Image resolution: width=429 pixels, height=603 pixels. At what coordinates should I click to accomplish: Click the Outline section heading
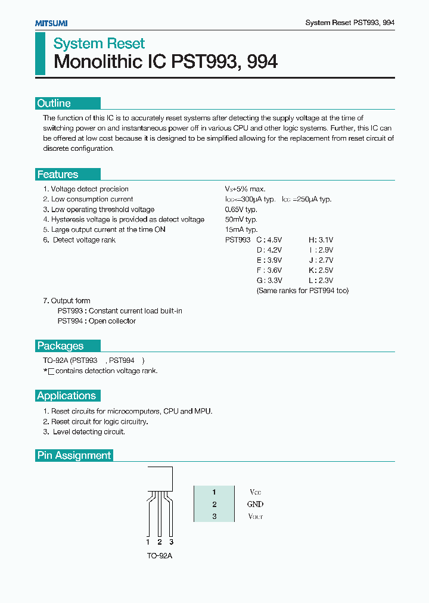[54, 104]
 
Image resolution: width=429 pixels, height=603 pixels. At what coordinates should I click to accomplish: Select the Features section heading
[58, 175]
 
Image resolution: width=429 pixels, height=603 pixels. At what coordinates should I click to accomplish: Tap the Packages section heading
[60, 346]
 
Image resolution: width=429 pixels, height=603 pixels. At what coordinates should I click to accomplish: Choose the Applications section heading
[66, 396]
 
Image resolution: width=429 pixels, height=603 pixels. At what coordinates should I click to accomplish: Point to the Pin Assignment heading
[74, 455]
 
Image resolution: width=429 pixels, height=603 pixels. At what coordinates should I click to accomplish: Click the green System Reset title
[99, 43]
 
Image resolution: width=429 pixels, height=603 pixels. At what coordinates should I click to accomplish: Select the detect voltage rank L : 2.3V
[321, 281]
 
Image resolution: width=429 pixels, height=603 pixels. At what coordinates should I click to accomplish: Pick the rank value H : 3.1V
[321, 240]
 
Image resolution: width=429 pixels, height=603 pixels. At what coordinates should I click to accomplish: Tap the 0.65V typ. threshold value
[241, 210]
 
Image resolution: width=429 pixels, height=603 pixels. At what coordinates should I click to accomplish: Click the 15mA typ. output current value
[241, 230]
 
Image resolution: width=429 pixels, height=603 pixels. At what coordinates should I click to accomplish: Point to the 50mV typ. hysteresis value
[241, 220]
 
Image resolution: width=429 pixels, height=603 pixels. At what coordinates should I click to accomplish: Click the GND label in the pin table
[255, 504]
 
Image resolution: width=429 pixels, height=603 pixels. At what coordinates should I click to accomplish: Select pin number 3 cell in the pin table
[214, 516]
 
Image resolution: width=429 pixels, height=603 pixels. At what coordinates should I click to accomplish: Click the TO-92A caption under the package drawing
[159, 555]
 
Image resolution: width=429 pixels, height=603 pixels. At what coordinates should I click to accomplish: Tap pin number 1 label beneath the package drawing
[148, 542]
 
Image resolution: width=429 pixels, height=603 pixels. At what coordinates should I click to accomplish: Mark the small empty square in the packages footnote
[51, 371]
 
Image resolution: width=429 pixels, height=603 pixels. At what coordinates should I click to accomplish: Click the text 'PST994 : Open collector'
[97, 321]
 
